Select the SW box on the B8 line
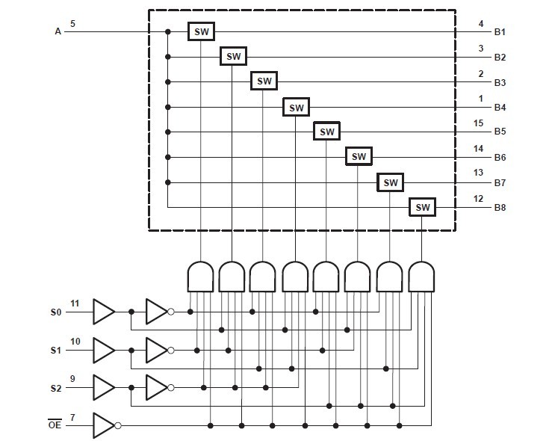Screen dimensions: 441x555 pos(422,207)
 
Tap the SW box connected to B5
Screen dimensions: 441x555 pos(327,132)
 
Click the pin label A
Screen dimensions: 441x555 pos(58,31)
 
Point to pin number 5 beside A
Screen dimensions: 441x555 pos(72,24)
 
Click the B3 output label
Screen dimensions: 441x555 pos(500,82)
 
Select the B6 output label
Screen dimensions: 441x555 pos(500,157)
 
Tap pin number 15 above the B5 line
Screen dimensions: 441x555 pos(480,124)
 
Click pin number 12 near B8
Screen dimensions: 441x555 pos(480,199)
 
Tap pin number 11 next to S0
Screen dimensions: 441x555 pos(75,303)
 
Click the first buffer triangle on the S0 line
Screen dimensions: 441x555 pos(103,312)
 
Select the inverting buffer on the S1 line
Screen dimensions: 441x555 pos(158,350)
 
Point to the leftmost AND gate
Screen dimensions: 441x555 pos(198,277)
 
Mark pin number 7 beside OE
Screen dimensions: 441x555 pos(72,416)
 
